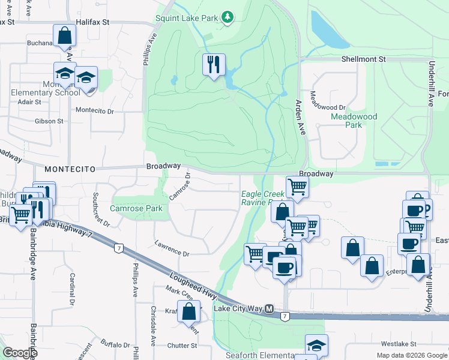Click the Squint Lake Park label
coord(186,18)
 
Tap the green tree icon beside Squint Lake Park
coord(227,18)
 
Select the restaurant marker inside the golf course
coord(214,64)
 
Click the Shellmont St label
coord(363,60)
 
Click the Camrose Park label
coord(136,209)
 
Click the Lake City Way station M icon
coord(270,309)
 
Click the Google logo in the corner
coord(19,353)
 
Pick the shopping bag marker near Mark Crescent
coord(189,311)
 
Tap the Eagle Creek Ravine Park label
coord(262,198)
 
